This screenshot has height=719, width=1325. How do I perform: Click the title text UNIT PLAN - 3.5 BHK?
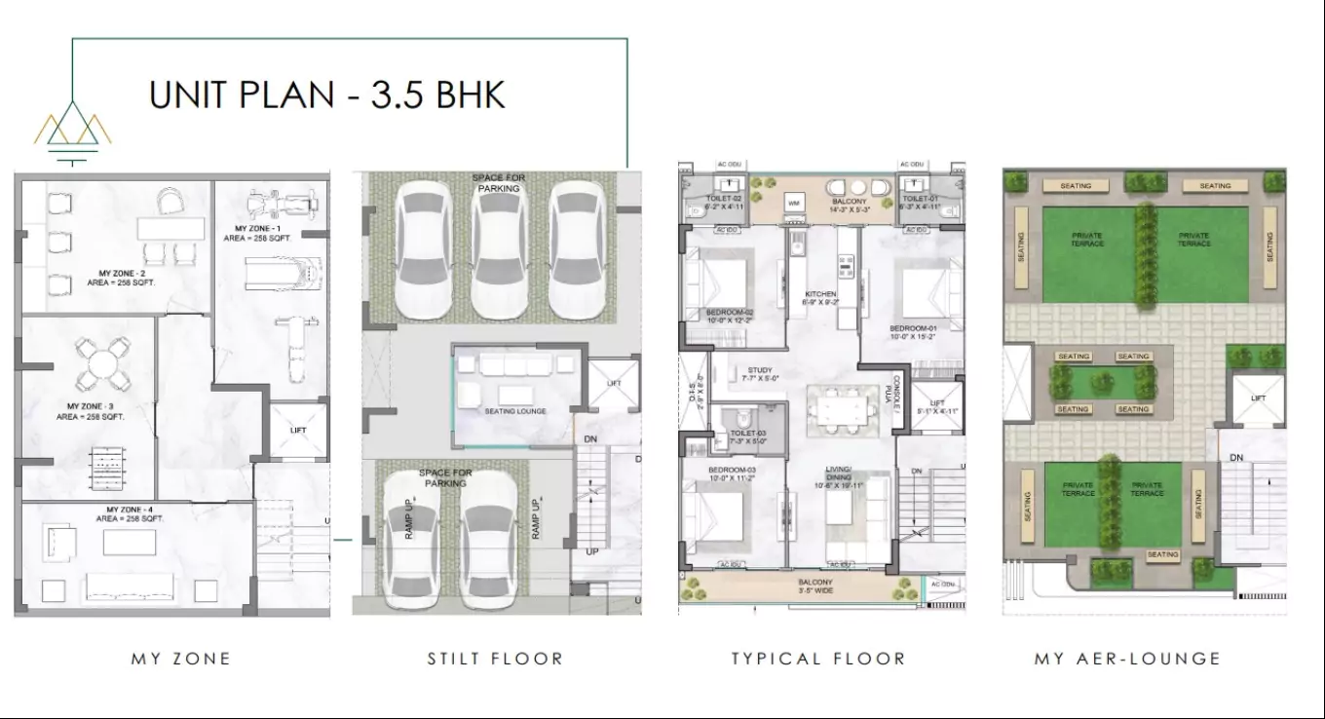click(326, 95)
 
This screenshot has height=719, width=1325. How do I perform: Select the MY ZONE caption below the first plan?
click(181, 659)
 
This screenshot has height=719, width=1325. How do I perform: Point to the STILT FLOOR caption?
click(495, 659)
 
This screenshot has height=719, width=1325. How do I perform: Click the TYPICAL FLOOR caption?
click(818, 659)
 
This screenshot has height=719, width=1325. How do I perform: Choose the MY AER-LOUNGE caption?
click(1127, 659)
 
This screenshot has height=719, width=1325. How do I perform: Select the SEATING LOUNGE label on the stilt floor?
click(515, 411)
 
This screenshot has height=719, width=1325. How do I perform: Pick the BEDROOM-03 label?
click(731, 473)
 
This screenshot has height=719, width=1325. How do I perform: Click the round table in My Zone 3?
click(103, 363)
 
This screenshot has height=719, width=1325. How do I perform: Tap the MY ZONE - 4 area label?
click(130, 514)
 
